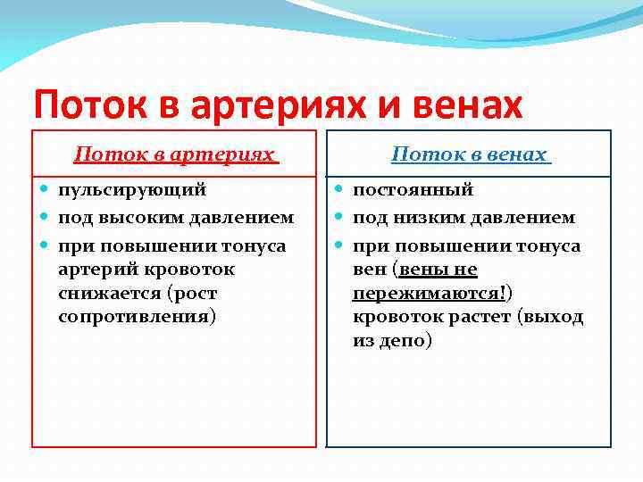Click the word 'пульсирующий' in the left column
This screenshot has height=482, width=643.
pyautogui.click(x=132, y=190)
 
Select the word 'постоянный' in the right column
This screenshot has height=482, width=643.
pyautogui.click(x=413, y=190)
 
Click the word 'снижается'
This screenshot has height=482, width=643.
pyautogui.click(x=103, y=293)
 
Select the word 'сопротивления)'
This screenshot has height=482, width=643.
pyautogui.click(x=137, y=317)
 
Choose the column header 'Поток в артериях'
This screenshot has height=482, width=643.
pyautogui.click(x=174, y=154)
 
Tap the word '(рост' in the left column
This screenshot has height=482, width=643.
pyautogui.click(x=190, y=293)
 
